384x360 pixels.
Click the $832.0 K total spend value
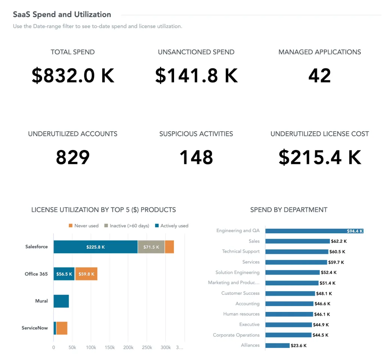[x=73, y=76]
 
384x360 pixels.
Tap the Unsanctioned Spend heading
[x=196, y=52]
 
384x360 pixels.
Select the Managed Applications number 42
[x=319, y=76]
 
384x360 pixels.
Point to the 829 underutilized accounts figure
[x=73, y=157]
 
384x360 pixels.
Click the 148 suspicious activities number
[x=196, y=157]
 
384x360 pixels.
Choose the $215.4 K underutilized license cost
[x=319, y=157]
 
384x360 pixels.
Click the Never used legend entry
[x=83, y=226]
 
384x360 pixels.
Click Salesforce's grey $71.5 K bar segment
[x=151, y=247]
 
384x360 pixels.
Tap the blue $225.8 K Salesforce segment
[x=96, y=247]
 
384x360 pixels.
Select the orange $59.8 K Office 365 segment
[x=86, y=274]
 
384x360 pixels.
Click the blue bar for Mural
[x=61, y=301]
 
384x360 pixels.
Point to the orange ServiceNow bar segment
[x=62, y=328]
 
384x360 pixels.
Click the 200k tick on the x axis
[x=128, y=348]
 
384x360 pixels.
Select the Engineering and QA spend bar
[x=314, y=231]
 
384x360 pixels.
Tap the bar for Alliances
[x=277, y=345]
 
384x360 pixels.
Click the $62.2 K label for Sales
[x=338, y=241]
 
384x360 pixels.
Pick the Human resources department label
[x=241, y=314]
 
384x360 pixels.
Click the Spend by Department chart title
[x=289, y=210]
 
